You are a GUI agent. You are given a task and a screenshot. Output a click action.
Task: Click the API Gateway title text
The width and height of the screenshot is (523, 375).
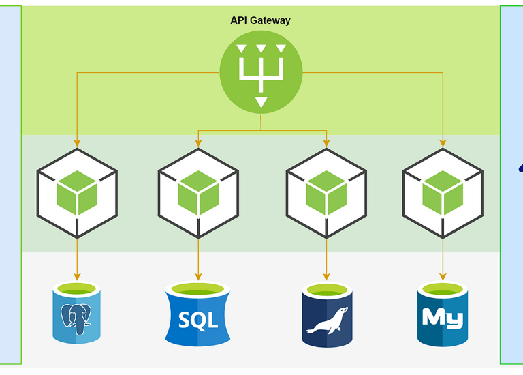point(260,20)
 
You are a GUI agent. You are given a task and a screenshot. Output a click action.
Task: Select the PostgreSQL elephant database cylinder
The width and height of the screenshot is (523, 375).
point(77,312)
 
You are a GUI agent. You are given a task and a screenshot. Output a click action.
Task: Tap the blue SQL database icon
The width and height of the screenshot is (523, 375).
point(198,314)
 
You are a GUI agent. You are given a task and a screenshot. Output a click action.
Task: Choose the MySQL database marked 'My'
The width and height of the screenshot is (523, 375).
point(443,314)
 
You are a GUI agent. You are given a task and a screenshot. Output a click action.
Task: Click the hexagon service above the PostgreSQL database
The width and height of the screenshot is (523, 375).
point(77,193)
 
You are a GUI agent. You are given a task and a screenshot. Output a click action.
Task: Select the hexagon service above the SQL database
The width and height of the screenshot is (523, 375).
point(198,193)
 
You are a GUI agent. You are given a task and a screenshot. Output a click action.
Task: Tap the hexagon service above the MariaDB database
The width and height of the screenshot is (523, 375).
point(327,193)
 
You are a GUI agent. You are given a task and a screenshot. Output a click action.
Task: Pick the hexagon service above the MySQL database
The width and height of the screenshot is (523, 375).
point(443,193)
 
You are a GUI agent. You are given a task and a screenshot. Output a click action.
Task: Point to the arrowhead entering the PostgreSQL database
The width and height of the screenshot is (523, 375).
point(77,277)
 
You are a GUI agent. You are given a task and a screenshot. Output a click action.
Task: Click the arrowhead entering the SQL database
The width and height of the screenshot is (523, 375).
point(198,277)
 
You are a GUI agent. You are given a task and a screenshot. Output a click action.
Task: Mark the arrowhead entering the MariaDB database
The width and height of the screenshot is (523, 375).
point(327,277)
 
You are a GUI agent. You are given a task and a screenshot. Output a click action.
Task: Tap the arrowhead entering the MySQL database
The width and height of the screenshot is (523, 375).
point(443,277)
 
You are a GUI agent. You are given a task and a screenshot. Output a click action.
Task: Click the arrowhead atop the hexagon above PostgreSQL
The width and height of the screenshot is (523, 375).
point(77,142)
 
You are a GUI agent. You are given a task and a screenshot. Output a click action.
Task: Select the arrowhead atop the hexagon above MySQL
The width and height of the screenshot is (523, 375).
point(443,142)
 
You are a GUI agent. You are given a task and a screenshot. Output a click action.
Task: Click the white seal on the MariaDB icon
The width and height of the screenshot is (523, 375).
point(327,321)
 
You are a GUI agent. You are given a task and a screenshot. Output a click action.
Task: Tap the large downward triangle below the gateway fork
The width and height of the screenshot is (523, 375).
point(261,102)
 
